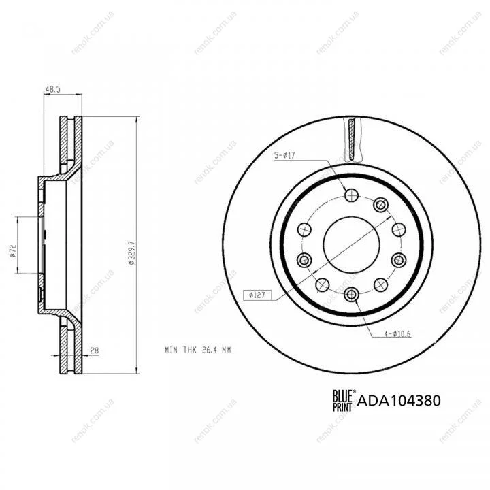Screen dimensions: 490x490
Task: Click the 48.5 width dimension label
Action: click(53, 89)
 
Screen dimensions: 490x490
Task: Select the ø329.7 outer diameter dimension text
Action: click(131, 253)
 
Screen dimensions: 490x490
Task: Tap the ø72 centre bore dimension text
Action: click(13, 251)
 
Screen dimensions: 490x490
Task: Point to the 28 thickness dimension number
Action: click(95, 350)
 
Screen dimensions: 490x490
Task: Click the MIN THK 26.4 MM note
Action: click(198, 350)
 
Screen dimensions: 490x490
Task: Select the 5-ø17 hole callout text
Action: click(284, 155)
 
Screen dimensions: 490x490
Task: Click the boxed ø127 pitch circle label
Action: click(257, 295)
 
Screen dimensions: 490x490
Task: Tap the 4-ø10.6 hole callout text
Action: click(397, 334)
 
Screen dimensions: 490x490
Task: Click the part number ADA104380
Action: click(399, 401)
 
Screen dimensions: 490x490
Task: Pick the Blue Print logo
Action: click(344, 400)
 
